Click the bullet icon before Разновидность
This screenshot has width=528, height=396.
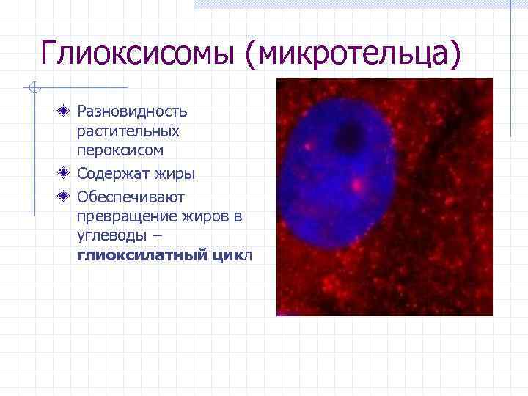65,111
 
